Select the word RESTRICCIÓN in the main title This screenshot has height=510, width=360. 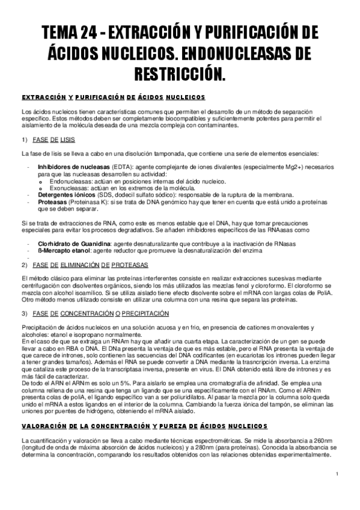click(180, 75)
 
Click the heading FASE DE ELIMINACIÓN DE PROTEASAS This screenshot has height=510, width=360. click(94, 265)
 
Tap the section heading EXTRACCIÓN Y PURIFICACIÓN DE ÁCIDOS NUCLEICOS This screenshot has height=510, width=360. click(114, 97)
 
